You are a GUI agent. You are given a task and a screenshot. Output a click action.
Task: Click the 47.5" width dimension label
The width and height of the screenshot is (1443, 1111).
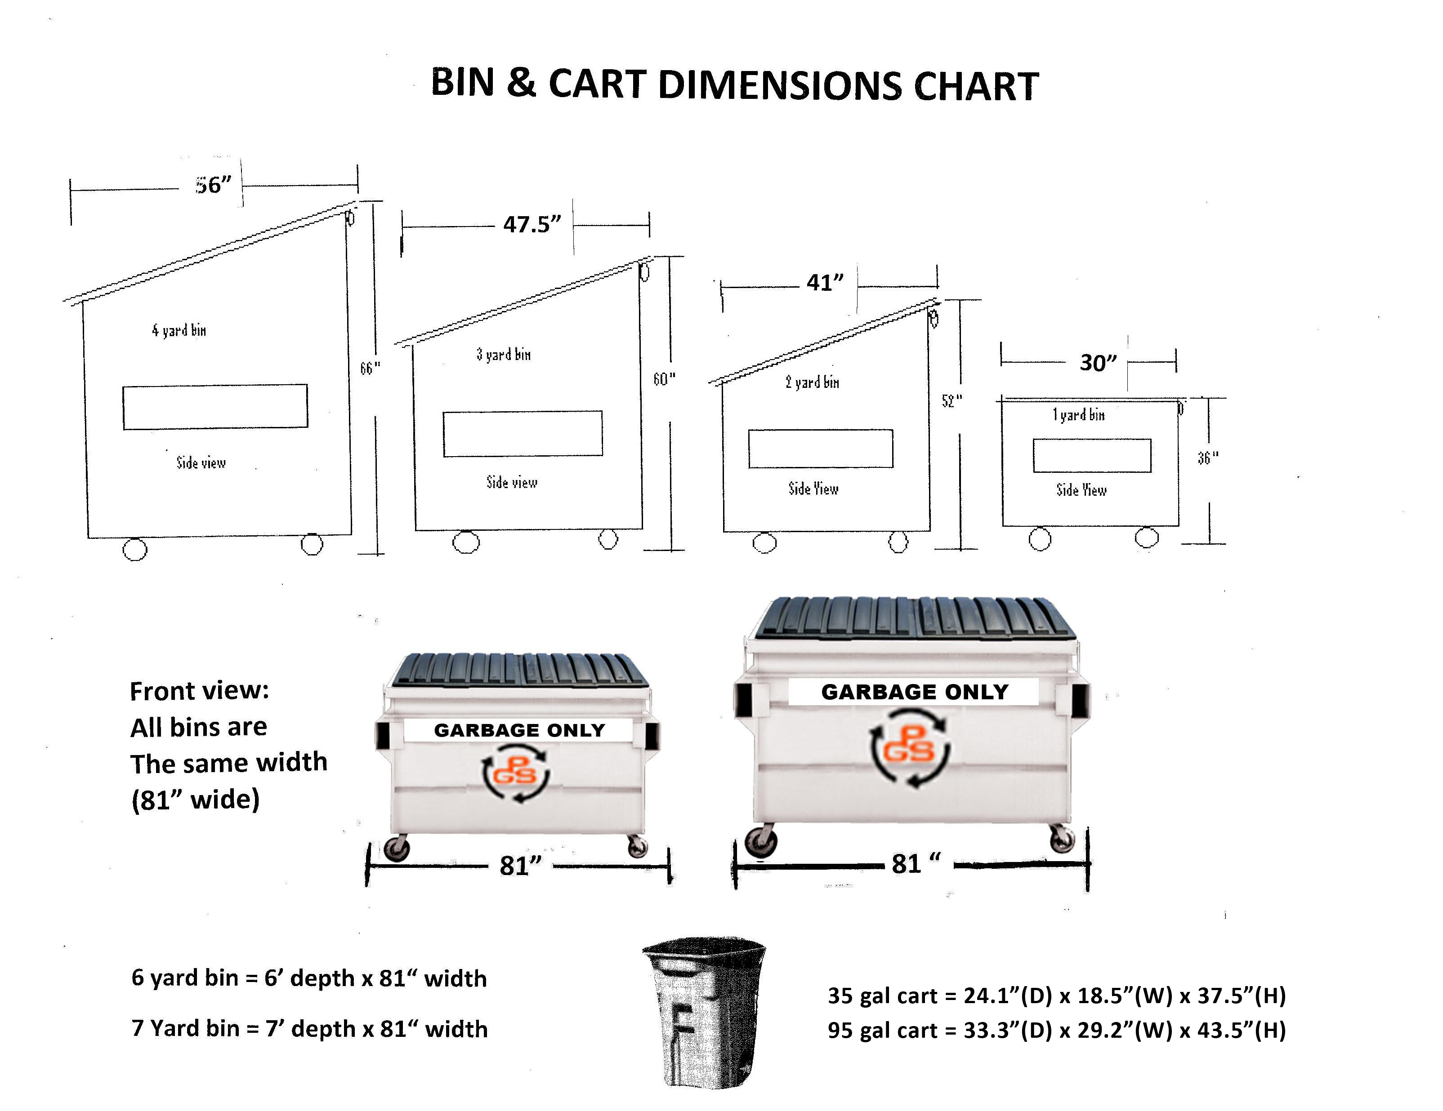tap(532, 225)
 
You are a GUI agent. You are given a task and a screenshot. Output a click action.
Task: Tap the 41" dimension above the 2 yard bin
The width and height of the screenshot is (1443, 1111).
tap(825, 283)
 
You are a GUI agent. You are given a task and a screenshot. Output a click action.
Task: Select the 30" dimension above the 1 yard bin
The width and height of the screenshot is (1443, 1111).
tap(1098, 363)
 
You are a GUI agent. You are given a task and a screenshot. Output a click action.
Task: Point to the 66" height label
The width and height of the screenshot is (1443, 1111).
tap(370, 368)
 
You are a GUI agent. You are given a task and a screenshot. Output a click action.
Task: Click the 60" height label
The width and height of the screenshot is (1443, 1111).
tap(664, 379)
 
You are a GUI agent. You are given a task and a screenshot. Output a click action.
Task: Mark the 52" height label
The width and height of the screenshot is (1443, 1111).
tap(952, 401)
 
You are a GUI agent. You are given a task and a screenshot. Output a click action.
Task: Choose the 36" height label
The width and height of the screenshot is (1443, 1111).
tap(1208, 458)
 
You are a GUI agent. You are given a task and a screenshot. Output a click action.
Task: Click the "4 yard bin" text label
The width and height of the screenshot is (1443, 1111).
tap(179, 330)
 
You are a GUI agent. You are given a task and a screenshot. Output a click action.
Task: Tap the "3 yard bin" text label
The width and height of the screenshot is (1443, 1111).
tap(504, 355)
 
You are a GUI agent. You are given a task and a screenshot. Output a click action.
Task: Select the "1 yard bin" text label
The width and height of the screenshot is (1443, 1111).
tap(1078, 415)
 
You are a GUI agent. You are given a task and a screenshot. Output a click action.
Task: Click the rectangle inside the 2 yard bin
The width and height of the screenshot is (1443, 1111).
tap(821, 449)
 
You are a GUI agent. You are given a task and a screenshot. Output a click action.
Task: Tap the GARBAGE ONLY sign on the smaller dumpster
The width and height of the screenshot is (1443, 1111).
tap(519, 730)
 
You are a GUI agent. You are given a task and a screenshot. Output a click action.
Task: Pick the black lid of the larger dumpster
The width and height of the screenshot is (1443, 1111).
tap(915, 618)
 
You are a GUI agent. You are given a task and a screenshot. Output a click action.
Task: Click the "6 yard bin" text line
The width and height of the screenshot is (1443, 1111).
tap(308, 978)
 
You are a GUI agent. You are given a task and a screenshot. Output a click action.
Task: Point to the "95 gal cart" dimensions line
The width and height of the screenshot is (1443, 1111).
tap(1056, 1031)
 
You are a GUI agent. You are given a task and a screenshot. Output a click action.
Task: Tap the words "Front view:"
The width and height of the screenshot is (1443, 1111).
tap(200, 691)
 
